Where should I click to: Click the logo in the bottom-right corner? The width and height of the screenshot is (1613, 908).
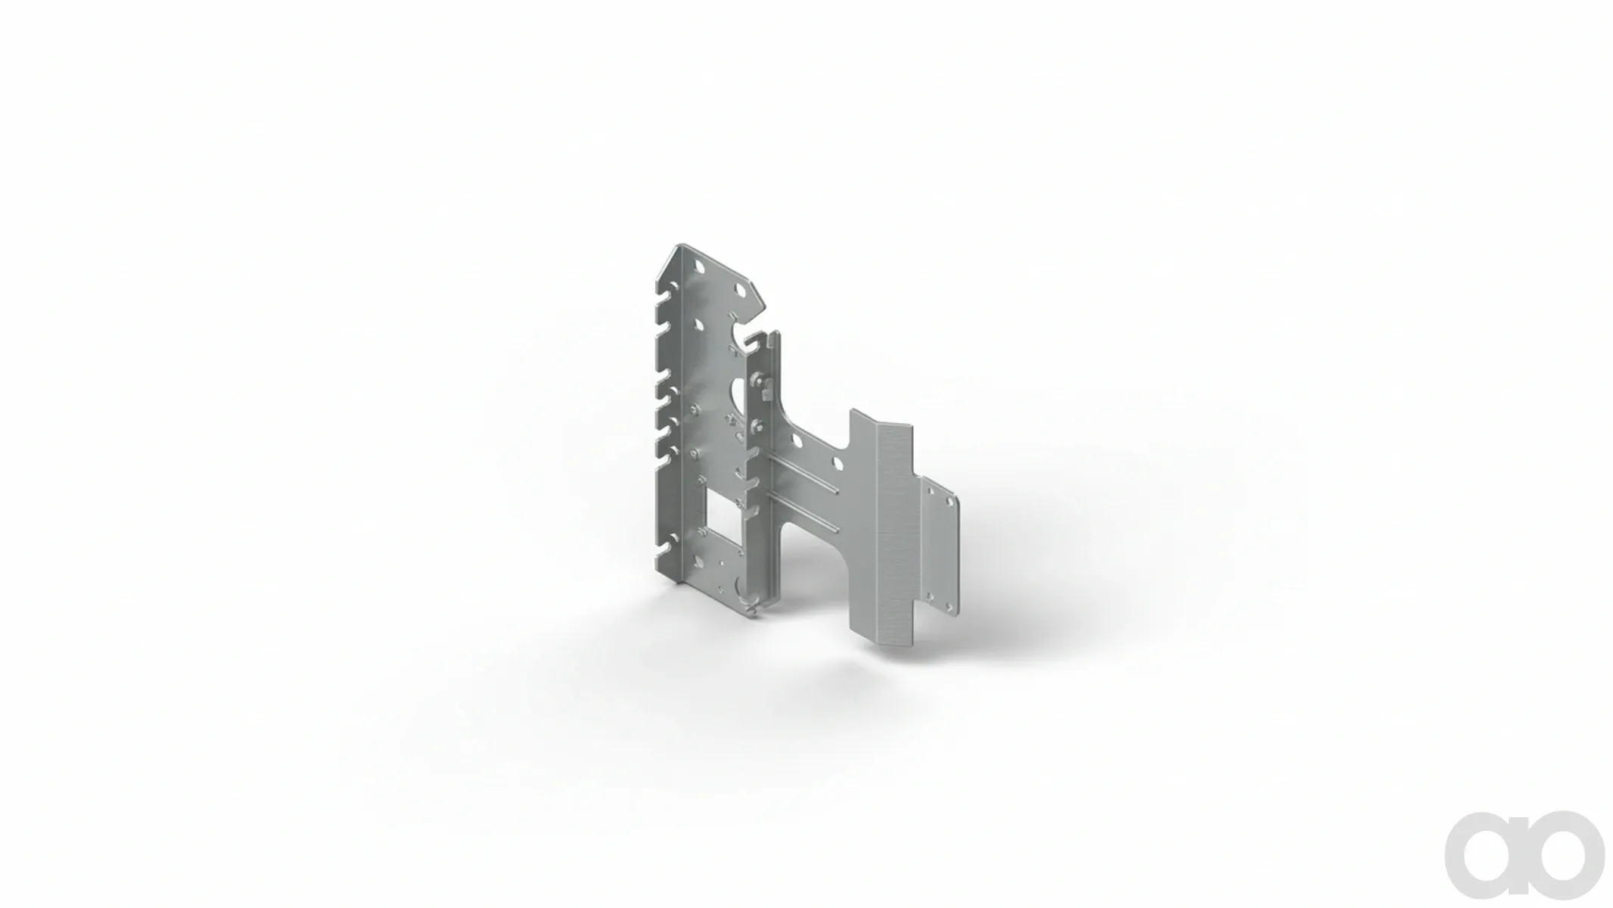(x=1524, y=855)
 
